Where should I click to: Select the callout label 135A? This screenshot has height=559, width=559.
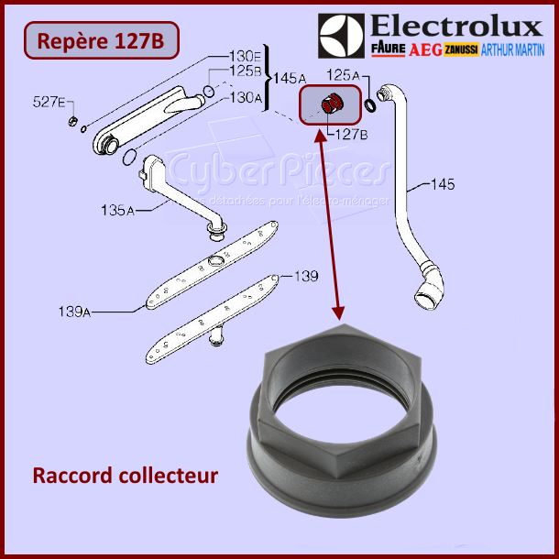pyautogui.click(x=117, y=211)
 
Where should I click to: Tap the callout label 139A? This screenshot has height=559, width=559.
pyautogui.click(x=117, y=312)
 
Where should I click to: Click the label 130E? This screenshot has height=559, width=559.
pyautogui.click(x=246, y=53)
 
